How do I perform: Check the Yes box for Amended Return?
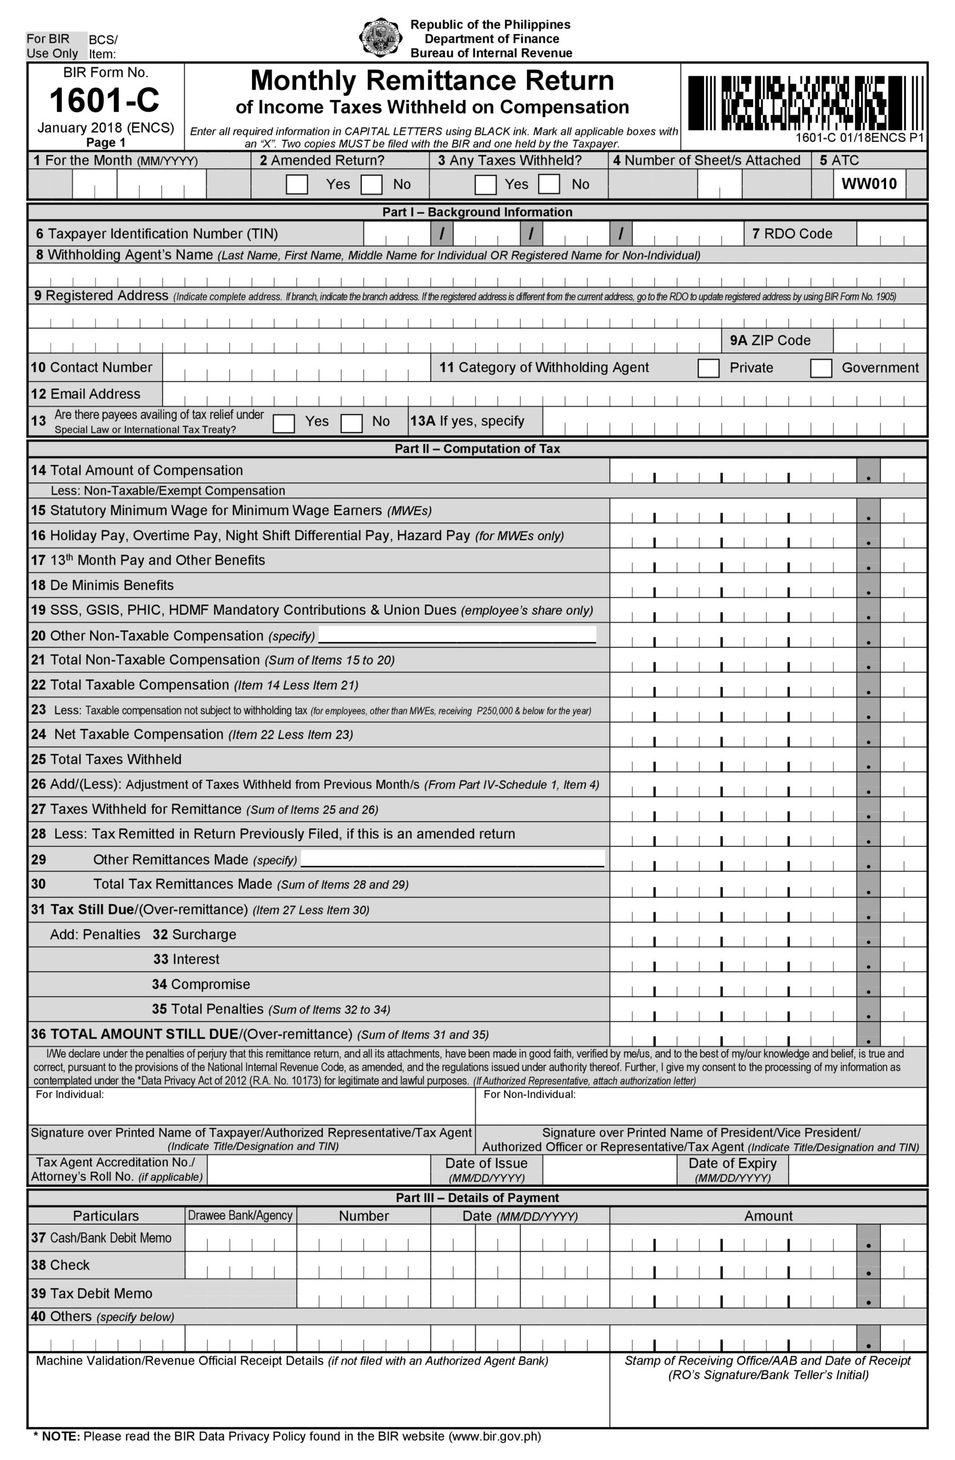pos(297,185)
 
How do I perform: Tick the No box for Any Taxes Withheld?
pos(549,185)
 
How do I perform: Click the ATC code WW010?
pos(868,184)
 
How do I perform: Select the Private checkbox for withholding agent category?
pos(709,368)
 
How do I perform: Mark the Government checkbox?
pos(820,368)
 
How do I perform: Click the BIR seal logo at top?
pos(381,38)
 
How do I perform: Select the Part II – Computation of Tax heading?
pos(477,449)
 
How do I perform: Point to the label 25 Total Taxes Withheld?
pos(107,760)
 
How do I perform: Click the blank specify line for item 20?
pos(457,635)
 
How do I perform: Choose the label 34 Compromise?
pos(201,984)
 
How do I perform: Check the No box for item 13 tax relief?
pos(351,423)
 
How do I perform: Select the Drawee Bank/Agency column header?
pos(240,1216)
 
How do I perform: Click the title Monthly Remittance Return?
pos(432,81)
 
